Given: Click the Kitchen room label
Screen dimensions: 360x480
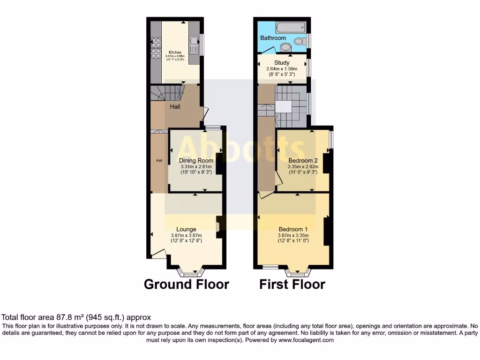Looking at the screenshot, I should [175, 52].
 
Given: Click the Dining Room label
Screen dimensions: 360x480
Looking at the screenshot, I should [196, 161].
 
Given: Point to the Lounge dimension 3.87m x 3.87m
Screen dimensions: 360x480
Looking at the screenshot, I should [186, 235].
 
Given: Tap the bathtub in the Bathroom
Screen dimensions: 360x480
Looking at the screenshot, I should [290, 28].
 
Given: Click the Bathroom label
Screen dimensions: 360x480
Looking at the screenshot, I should [273, 38].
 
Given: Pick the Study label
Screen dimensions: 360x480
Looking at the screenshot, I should [282, 62].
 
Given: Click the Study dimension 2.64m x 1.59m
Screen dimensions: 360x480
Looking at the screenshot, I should [282, 68].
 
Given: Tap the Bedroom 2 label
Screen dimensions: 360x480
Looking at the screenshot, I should [303, 160].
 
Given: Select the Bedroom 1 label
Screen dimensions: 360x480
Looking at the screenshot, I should [293, 229].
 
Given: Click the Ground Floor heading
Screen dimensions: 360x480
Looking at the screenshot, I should [186, 284].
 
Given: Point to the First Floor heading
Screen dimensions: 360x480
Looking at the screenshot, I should [292, 284].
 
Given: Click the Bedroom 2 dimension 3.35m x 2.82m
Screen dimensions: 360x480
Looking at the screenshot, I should [303, 166].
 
